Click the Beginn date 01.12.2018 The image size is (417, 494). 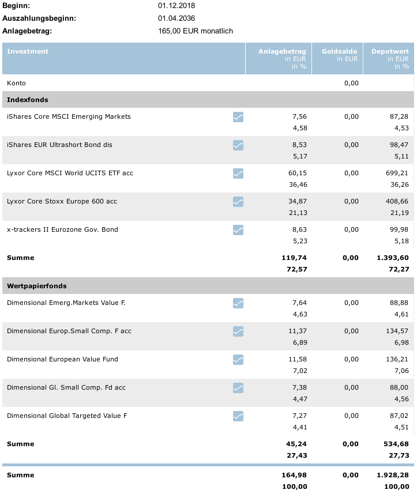pyautogui.click(x=176, y=6)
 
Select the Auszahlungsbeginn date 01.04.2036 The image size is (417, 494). pyautogui.click(x=176, y=18)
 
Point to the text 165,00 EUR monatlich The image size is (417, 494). pyautogui.click(x=195, y=31)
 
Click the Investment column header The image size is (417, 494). pyautogui.click(x=28, y=51)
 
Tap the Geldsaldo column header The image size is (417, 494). pyautogui.click(x=340, y=51)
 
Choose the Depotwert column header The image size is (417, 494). pyautogui.click(x=390, y=51)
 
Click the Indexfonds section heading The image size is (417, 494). pyautogui.click(x=27, y=100)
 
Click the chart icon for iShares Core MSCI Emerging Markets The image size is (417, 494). pyautogui.click(x=238, y=117)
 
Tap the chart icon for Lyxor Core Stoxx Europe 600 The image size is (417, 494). pyautogui.click(x=238, y=202)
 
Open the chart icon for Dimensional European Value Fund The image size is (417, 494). pyautogui.click(x=238, y=360)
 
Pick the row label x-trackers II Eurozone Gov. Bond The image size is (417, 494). pyautogui.click(x=62, y=229)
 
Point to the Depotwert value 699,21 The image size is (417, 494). pyautogui.click(x=398, y=173)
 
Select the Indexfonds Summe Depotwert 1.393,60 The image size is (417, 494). pyautogui.click(x=392, y=258)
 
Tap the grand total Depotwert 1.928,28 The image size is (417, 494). pyautogui.click(x=392, y=475)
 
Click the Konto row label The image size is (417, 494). pyautogui.click(x=16, y=83)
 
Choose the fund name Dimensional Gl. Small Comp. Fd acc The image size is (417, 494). pyautogui.click(x=66, y=387)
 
